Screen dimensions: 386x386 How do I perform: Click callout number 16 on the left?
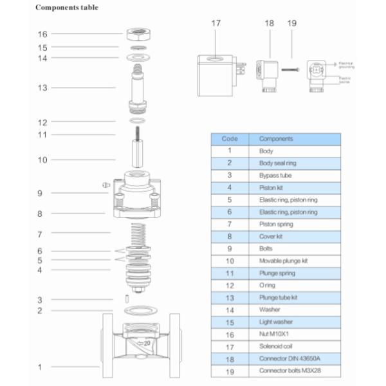tap(42, 34)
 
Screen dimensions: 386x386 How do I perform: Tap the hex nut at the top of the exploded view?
tap(136, 33)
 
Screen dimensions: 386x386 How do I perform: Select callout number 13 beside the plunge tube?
tap(42, 87)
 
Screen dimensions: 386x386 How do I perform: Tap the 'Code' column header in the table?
tap(230, 138)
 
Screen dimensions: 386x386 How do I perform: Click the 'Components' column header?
tap(276, 138)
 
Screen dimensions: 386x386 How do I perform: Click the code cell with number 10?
tap(230, 261)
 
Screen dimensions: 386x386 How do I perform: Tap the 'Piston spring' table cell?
tap(276, 224)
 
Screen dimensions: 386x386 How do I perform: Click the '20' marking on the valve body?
tap(148, 343)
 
